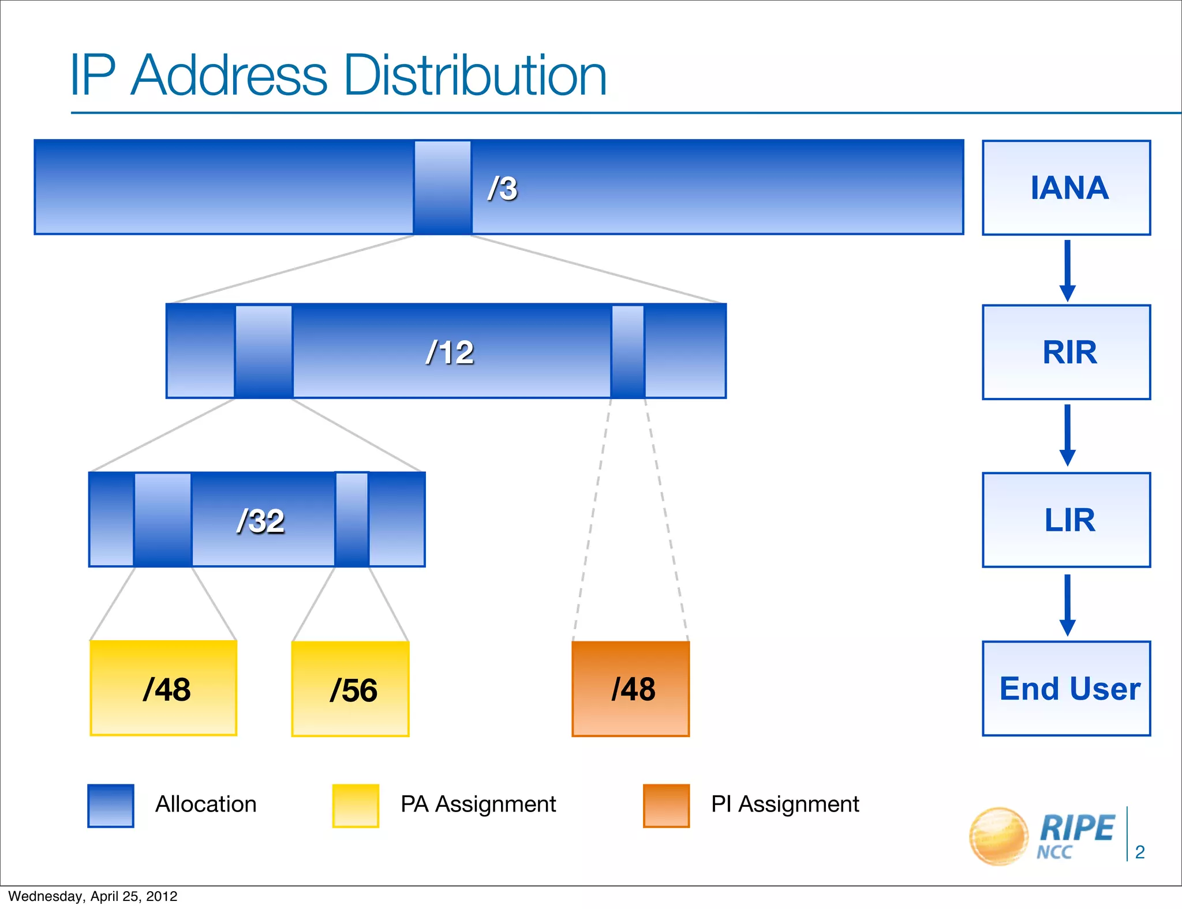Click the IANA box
(1066, 187)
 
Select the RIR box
(1066, 352)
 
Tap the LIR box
(1066, 520)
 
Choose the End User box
(1066, 688)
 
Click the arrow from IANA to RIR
(1067, 270)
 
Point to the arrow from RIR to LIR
(1067, 435)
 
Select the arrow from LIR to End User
(1067, 604)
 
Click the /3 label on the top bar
(502, 188)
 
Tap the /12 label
(450, 352)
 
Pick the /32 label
(260, 521)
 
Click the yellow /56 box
(350, 689)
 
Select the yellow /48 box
(163, 688)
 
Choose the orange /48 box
(630, 689)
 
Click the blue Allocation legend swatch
(111, 806)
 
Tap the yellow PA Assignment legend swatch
(356, 806)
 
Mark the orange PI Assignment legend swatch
(666, 806)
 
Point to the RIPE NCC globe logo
(998, 836)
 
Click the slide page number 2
(1139, 852)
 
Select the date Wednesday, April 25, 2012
(93, 896)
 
